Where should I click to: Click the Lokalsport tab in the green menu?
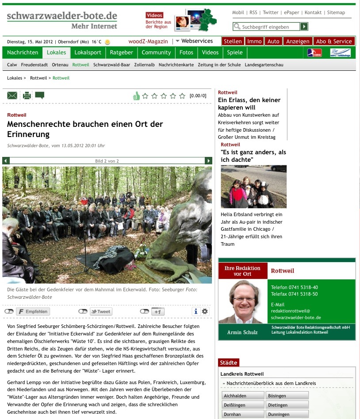click(88, 53)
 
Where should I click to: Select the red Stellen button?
click(233, 42)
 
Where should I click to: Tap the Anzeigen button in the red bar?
click(298, 42)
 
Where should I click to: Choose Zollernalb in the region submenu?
click(144, 65)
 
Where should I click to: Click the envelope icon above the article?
click(12, 95)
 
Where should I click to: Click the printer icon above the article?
click(27, 95)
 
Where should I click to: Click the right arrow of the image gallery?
click(209, 161)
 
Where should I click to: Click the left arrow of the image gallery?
click(6, 161)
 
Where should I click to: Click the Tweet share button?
click(101, 312)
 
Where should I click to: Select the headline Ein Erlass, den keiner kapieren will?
click(249, 103)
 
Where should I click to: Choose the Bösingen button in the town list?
click(287, 396)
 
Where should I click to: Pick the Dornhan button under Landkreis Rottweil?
click(241, 414)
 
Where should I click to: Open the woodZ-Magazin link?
click(148, 42)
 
